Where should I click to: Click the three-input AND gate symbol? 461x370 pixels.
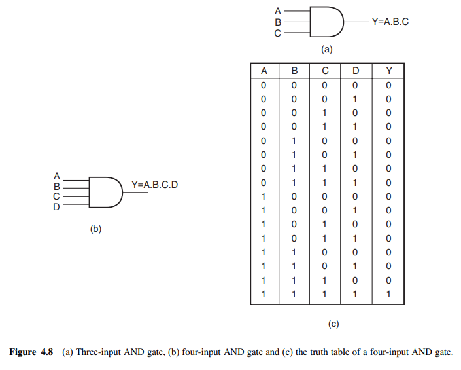pos(326,22)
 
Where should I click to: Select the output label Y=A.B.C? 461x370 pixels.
pos(390,21)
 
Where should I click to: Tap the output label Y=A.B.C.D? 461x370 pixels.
pos(154,185)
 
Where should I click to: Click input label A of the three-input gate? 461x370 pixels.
pos(277,10)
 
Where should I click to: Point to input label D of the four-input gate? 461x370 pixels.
pos(56,207)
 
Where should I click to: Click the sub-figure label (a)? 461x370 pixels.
pos(326,49)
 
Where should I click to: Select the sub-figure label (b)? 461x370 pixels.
pos(95,229)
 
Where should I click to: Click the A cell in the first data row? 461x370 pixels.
pos(264,85)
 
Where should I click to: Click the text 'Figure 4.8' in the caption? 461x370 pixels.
pos(32,352)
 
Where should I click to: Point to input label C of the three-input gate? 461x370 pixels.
pos(277,33)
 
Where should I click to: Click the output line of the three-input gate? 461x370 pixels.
pos(356,22)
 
